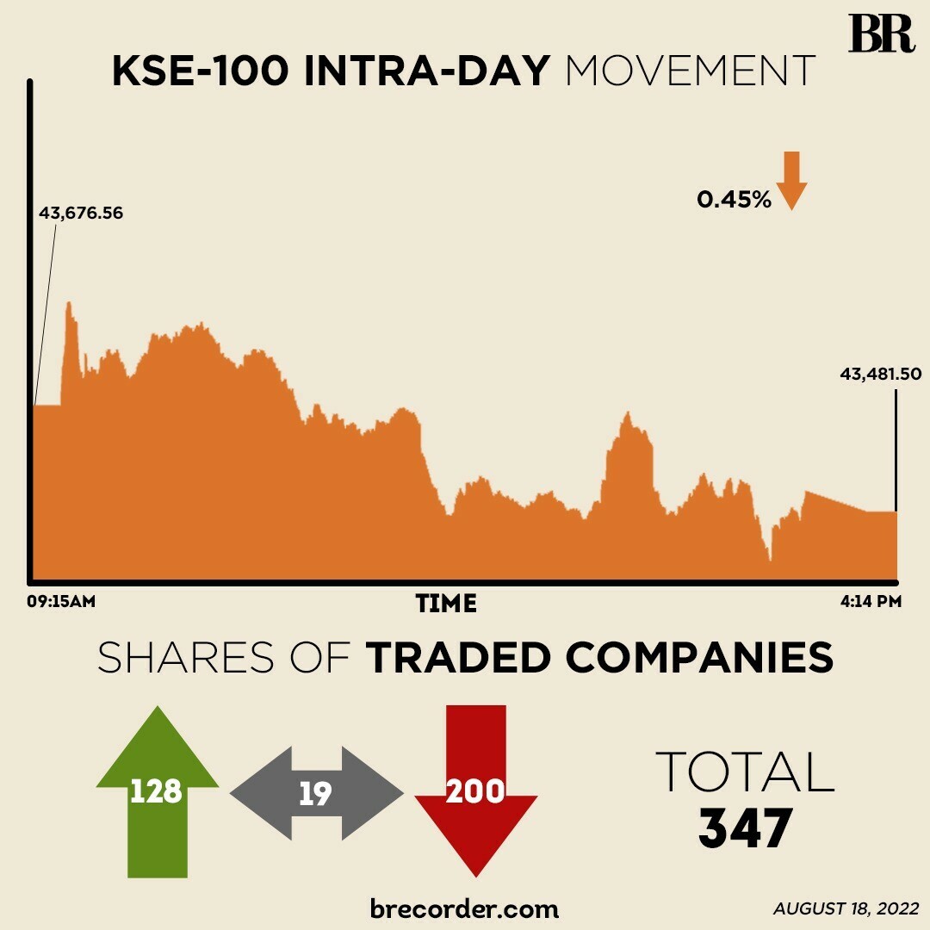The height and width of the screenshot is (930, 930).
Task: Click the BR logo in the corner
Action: pos(881,34)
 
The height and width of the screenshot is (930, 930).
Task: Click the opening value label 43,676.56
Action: pos(81,213)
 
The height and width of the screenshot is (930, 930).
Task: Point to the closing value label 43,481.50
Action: pos(881,374)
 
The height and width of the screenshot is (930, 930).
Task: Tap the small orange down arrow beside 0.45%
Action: pos(792,180)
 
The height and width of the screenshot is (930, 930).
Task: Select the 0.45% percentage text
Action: pos(734,200)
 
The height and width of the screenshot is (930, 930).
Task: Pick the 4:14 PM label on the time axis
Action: pos(871,601)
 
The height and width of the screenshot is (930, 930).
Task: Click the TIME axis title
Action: pos(446,603)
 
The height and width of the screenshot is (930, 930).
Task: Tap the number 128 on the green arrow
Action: pos(156,790)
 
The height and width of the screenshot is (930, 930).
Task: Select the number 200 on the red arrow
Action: pos(475,790)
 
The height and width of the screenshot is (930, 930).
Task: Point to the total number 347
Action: pos(745,828)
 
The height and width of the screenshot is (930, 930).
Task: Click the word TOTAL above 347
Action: pos(745,772)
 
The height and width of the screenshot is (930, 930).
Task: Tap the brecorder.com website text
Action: pos(464,908)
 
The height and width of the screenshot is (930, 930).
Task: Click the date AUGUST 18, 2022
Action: pos(846,908)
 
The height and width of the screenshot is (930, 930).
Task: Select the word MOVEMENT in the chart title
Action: pos(690,72)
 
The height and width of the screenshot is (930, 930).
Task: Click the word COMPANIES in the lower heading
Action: pos(699,658)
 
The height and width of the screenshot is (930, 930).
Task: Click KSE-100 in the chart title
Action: pos(201,72)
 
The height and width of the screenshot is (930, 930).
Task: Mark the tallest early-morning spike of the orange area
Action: pos(68,305)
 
